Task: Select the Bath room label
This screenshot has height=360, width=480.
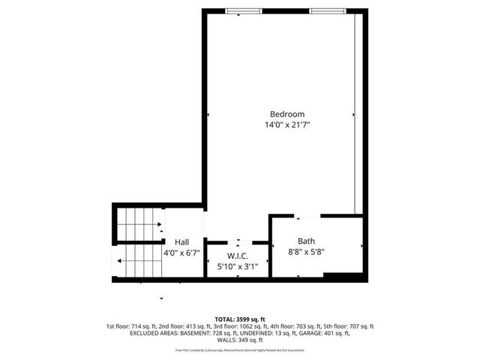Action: [x=306, y=241]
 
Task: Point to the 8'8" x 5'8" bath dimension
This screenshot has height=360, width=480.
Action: [x=306, y=252]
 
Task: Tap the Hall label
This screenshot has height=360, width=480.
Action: [x=181, y=242]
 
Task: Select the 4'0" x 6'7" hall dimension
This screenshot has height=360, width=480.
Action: [x=181, y=253]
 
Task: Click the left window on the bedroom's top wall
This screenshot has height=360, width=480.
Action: [x=244, y=10]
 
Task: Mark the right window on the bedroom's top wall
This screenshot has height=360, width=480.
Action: [x=328, y=10]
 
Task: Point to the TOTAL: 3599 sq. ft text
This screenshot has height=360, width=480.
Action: [x=240, y=319]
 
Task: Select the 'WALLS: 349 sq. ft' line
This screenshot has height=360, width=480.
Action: [x=240, y=342]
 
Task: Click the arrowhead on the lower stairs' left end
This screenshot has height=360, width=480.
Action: [x=119, y=261]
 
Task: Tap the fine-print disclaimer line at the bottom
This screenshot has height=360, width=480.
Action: [x=240, y=350]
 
